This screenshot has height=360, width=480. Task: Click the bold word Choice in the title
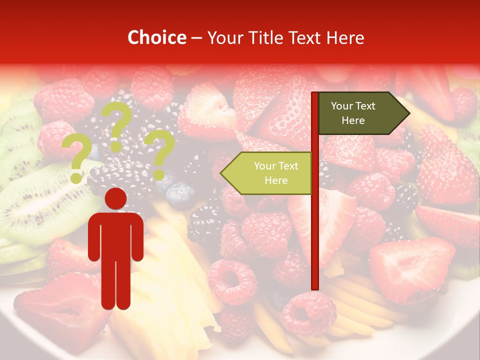[156, 37]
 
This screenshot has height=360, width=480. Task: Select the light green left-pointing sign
[267, 173]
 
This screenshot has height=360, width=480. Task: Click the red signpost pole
[315, 225]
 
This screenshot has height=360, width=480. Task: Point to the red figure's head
[115, 199]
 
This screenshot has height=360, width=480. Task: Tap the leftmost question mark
[76, 159]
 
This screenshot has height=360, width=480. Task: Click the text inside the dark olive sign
[353, 113]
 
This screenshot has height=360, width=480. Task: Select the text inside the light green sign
[276, 173]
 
